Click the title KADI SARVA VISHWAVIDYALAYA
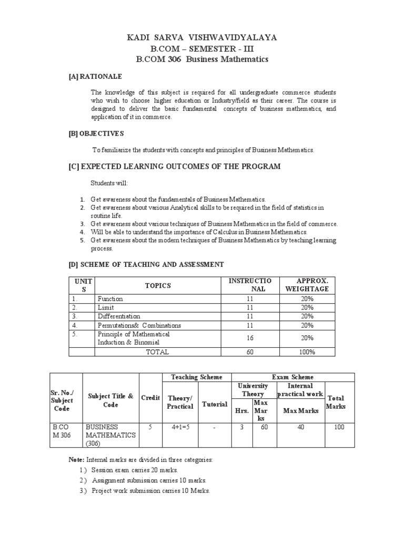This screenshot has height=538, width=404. pos(202,37)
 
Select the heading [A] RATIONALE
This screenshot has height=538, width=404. pos(95,76)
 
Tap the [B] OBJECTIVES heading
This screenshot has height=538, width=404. pos(96,133)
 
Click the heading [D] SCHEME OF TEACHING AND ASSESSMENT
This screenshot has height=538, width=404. pos(146,264)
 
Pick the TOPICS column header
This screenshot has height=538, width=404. pos(158,285)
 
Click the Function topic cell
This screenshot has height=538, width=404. pos(110,299)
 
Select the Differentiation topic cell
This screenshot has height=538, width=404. pos(119,316)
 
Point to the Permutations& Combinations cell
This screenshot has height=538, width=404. pos(139,325)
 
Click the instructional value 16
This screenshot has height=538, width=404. pos(250,338)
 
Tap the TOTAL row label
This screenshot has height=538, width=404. pos(157,352)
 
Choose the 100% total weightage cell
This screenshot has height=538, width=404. pos(307,352)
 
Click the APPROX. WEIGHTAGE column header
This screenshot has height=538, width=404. pos(307,285)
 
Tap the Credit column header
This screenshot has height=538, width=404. pos(150,398)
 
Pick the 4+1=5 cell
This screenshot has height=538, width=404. pos(180,427)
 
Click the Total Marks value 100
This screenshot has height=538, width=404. pos(339,427)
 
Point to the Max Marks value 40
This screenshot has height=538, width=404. pos(300,427)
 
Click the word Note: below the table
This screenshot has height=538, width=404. pos(76,460)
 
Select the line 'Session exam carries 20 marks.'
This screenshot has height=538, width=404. pos(135,470)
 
